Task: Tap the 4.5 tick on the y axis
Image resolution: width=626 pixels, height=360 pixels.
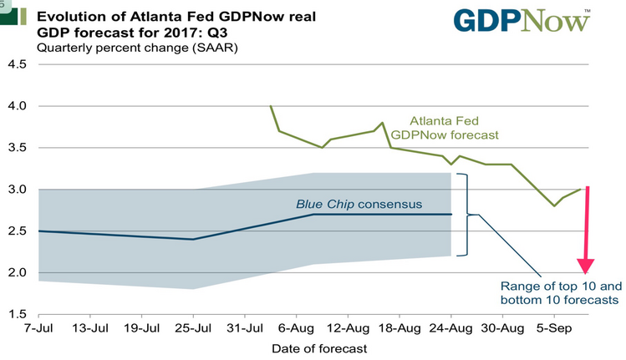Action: pos(18,64)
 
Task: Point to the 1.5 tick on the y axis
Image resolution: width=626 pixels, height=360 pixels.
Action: pos(18,314)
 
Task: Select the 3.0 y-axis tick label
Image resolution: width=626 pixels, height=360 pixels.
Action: pos(18,190)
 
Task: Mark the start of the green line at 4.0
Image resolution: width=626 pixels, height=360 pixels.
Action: pos(271,106)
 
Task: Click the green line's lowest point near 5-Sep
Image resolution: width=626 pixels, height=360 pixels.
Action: pos(553,205)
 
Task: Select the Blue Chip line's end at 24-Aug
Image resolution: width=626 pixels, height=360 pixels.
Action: pos(450,215)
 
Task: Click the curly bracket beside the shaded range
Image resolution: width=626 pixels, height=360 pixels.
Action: pos(468,215)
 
